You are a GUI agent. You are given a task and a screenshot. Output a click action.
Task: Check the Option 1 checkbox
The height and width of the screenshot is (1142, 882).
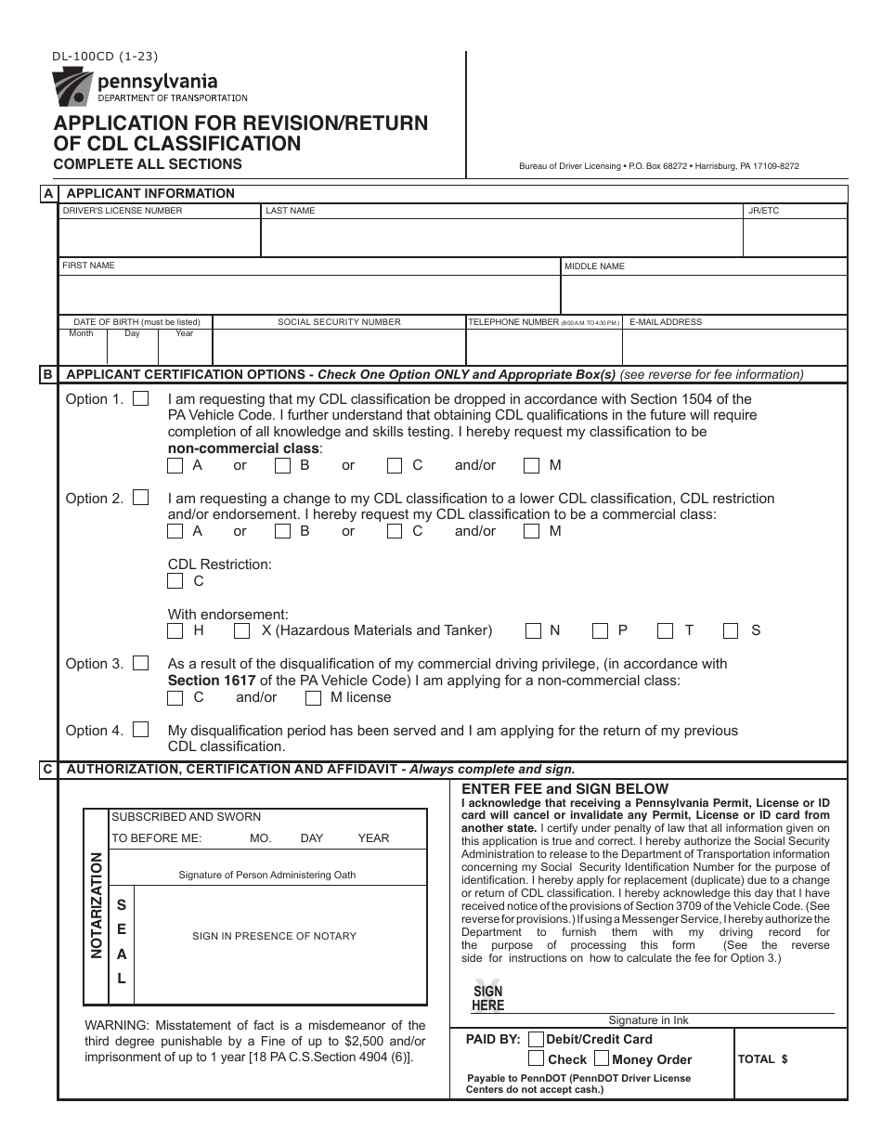click(x=141, y=399)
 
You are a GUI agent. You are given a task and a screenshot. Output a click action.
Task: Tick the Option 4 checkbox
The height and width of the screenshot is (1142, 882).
click(x=141, y=730)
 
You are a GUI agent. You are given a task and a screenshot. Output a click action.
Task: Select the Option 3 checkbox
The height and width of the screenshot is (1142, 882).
click(x=141, y=663)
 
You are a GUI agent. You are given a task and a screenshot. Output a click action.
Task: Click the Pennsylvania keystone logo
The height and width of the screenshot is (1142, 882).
click(x=71, y=89)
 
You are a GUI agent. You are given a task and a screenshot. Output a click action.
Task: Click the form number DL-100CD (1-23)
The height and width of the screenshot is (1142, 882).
click(x=105, y=56)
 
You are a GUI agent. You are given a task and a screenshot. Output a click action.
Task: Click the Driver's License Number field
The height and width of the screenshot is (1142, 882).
click(x=159, y=238)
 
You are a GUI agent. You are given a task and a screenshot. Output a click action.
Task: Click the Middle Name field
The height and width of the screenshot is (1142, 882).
click(x=704, y=294)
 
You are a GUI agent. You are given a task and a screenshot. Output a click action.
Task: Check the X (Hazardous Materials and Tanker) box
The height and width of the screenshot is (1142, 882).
click(x=242, y=631)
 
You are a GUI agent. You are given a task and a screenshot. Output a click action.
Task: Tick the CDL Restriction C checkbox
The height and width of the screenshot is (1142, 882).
click(x=175, y=581)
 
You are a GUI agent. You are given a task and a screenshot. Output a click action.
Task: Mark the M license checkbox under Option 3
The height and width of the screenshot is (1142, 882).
click(x=314, y=698)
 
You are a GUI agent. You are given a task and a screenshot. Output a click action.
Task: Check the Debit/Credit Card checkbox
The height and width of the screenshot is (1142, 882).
click(x=536, y=1039)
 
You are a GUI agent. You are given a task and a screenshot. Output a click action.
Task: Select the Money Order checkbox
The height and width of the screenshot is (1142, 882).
click(x=601, y=1058)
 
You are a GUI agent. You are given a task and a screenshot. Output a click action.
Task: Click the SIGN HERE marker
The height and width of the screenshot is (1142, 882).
click(x=487, y=998)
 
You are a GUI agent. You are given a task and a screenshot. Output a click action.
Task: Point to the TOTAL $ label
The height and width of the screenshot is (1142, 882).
click(x=762, y=1058)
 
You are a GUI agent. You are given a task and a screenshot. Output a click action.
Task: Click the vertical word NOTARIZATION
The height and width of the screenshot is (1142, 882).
click(x=96, y=906)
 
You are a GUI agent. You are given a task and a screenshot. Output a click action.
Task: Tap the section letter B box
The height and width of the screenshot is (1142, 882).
click(x=47, y=375)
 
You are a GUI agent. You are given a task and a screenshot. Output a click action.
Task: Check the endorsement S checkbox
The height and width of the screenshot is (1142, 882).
click(x=732, y=631)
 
